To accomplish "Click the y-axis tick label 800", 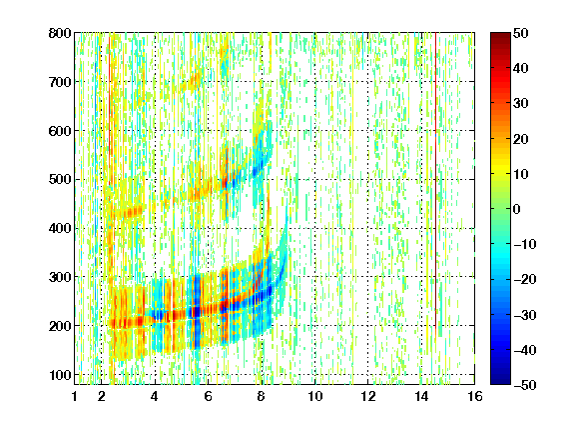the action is coord(60,33).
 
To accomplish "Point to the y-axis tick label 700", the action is coord(60,82).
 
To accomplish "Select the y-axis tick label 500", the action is coord(60,180).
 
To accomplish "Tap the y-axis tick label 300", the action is coord(60,277).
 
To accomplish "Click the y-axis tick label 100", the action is coord(60,375).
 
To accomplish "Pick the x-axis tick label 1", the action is coord(75,396).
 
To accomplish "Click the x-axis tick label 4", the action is coord(155,396).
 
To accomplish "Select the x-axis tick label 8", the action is coord(262,396).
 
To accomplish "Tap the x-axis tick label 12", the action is coord(367,396).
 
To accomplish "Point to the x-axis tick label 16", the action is coord(474,396).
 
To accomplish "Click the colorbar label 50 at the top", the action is coord(520,33).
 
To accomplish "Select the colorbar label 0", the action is coord(517,209).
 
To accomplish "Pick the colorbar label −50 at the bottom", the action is coord(525,385).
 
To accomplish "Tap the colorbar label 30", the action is coord(520,104).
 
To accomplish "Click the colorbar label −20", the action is coord(525,279).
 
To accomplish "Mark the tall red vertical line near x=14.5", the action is coord(435,179).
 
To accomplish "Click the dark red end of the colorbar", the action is coord(500,36).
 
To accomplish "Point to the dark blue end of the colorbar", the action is coord(500,381).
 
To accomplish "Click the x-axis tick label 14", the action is coord(421,396).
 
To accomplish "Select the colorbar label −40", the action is coord(525,350).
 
